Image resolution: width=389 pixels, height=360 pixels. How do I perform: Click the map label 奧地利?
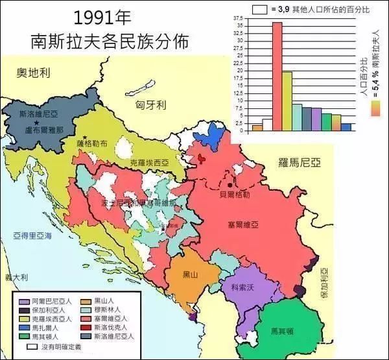pyautogui.click(x=34, y=73)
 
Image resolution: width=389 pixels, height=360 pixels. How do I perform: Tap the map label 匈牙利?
pyautogui.click(x=152, y=104)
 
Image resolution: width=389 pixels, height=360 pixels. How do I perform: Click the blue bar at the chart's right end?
pyautogui.click(x=346, y=127)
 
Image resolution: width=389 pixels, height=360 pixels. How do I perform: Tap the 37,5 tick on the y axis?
pyautogui.click(x=240, y=19)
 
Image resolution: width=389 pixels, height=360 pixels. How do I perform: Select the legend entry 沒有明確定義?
pyautogui.click(x=62, y=347)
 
